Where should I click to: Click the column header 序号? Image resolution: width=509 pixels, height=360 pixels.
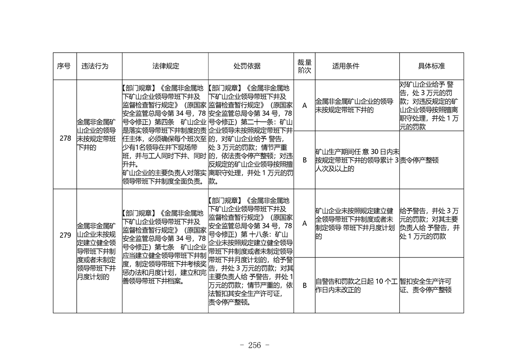(64, 66)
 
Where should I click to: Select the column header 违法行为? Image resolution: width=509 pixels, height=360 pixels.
(95, 66)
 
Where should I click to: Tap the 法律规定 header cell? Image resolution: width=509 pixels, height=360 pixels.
(166, 66)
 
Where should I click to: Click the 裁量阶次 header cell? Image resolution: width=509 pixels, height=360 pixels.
(304, 66)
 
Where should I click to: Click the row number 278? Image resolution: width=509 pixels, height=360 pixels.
(65, 138)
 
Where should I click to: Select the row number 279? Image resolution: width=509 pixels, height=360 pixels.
(65, 235)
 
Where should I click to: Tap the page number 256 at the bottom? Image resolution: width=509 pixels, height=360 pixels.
(254, 345)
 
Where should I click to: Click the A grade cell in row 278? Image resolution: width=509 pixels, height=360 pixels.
(304, 105)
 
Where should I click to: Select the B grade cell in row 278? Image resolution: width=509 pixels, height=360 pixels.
(304, 160)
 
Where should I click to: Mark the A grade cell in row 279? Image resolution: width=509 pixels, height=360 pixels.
(304, 223)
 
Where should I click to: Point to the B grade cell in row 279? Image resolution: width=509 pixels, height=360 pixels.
(304, 285)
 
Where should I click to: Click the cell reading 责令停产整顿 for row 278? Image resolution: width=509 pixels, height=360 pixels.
(419, 160)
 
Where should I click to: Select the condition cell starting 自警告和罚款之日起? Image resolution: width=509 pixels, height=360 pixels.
(357, 286)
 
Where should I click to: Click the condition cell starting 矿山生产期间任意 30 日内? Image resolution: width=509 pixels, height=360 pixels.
(357, 160)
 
